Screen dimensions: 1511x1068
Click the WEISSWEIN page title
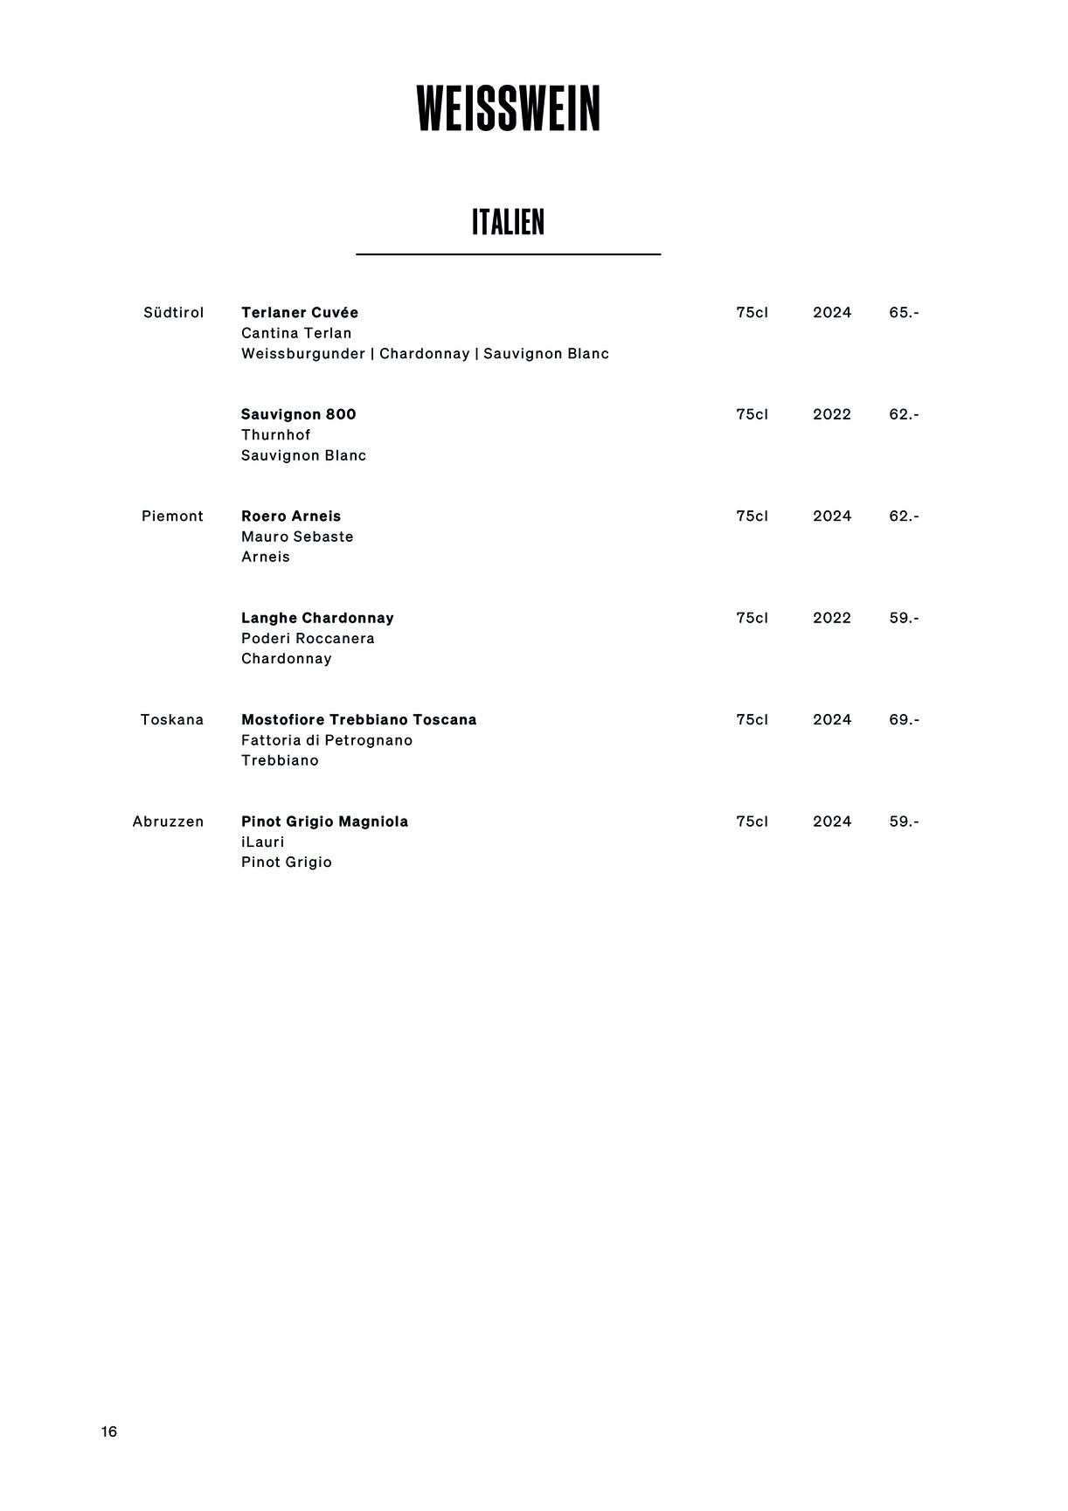pos(509,109)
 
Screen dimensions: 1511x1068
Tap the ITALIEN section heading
pos(508,222)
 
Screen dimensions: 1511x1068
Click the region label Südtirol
pos(173,313)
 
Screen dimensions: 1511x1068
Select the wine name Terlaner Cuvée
pos(300,313)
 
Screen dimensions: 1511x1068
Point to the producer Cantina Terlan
pos(296,333)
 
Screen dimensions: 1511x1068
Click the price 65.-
pos(904,313)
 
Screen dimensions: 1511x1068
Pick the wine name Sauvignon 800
pos(299,414)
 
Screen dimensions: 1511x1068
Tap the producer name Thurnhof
pos(276,435)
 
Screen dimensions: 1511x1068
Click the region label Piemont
pos(172,516)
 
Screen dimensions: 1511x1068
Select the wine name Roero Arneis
pos(291,516)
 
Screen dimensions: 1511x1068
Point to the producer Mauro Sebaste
pos(297,537)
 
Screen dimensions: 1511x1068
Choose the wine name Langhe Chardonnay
pos(317,618)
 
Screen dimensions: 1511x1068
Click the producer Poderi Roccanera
pos(308,639)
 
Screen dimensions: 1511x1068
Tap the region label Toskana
pos(172,720)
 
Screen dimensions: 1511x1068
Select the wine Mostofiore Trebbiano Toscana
pos(358,720)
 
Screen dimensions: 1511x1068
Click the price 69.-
pos(904,720)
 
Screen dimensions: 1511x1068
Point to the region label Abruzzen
pos(168,821)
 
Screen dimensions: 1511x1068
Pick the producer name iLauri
pos(263,842)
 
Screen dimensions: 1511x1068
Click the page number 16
pos(109,1431)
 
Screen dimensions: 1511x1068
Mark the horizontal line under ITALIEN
pos(508,254)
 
